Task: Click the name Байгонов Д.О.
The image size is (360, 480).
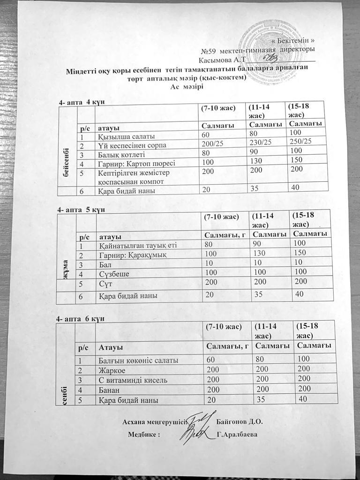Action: click(240, 421)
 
